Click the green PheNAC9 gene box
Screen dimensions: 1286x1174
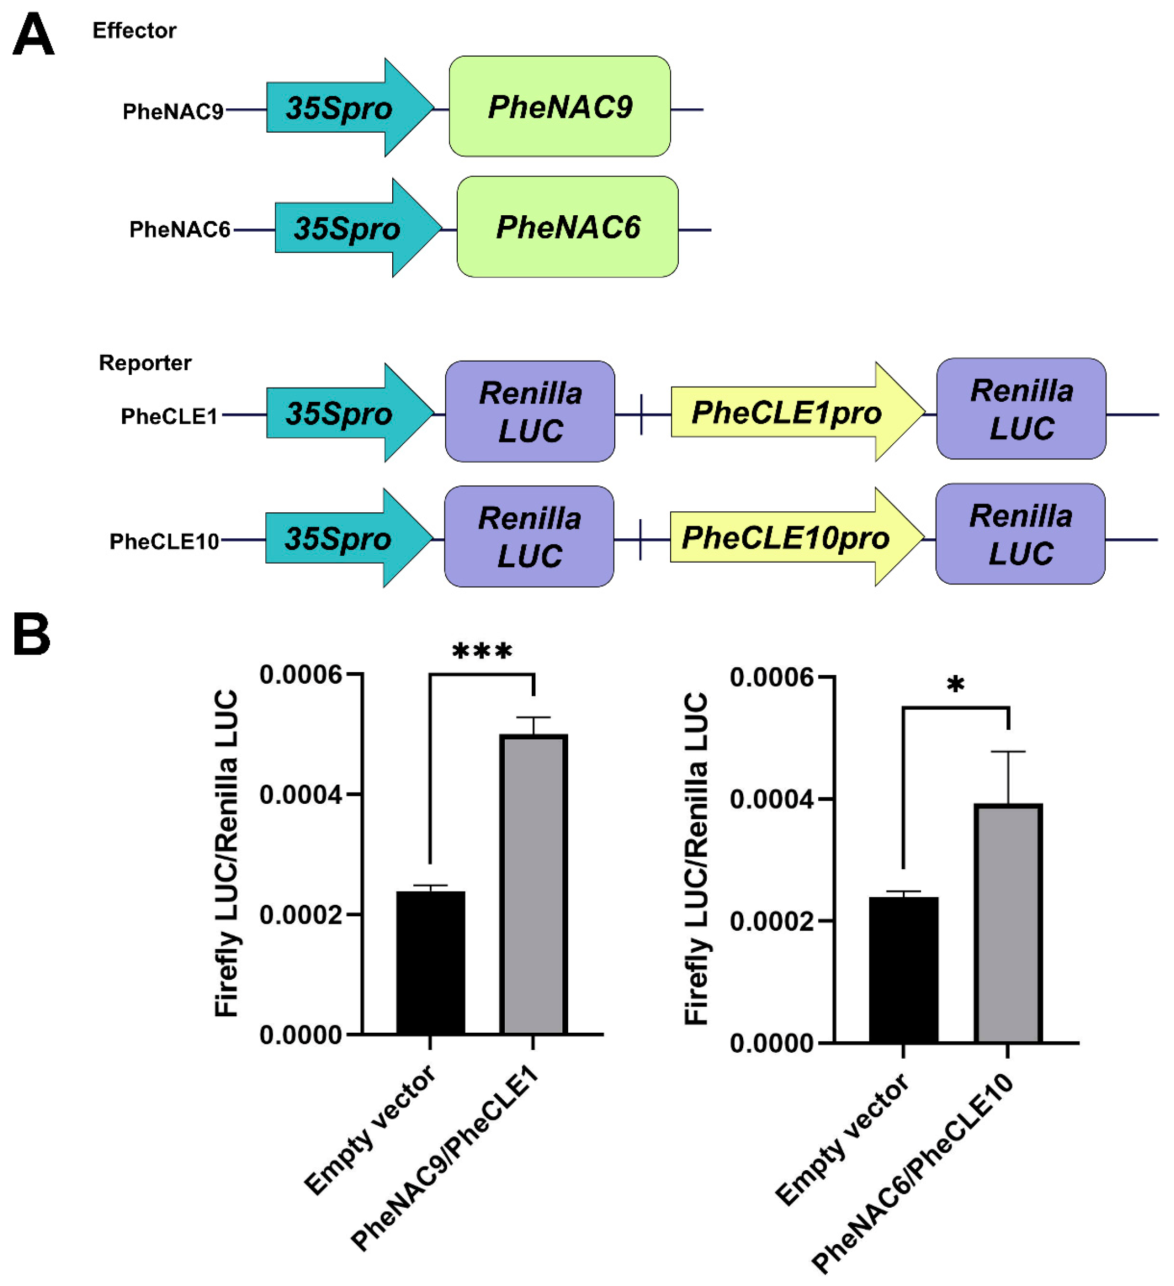(559, 106)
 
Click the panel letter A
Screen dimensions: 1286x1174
(33, 35)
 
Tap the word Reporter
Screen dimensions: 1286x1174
(145, 363)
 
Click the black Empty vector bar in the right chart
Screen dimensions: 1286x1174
(903, 970)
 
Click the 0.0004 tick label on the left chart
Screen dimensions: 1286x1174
(300, 795)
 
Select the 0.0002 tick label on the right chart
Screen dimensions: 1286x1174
(771, 921)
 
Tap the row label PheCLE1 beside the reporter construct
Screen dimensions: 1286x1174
(169, 417)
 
